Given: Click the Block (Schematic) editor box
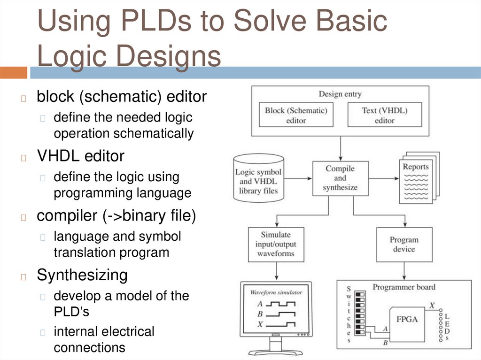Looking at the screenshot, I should tap(296, 115).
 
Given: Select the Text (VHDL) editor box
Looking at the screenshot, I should tap(384, 115).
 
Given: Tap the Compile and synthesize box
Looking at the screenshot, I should tap(340, 178).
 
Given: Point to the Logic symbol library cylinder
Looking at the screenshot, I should tap(258, 178).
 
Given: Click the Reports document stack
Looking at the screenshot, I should tap(417, 178).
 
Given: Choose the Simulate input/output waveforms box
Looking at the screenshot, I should tap(276, 244).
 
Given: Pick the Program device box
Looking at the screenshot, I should tap(404, 244).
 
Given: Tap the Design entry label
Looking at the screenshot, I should tap(340, 94).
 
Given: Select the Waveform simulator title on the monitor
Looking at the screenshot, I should tap(276, 292).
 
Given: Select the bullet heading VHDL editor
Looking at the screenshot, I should tap(80, 156).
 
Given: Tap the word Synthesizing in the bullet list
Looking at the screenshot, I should tap(82, 275).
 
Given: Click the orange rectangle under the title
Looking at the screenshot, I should tap(14, 73).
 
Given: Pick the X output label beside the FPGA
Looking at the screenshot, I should tap(432, 305).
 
